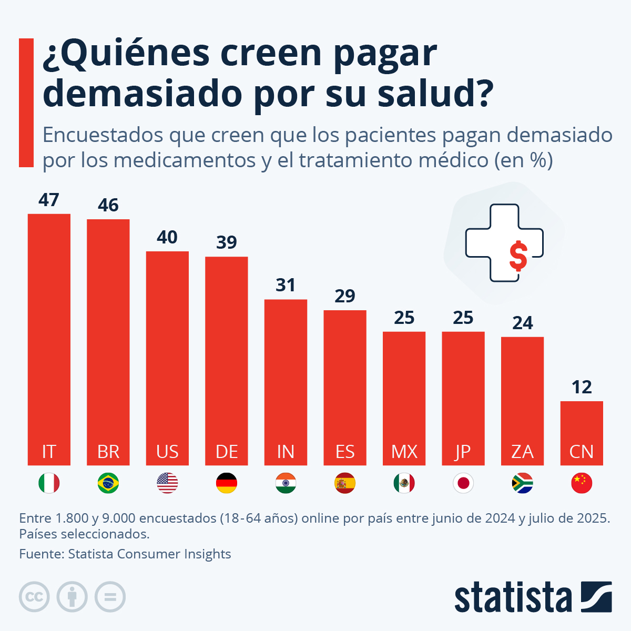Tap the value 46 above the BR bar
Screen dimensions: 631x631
coord(108,205)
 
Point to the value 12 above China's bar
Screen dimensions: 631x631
coord(582,388)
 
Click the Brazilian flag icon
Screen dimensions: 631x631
coord(108,483)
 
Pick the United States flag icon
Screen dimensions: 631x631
coord(167,483)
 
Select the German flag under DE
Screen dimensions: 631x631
coord(227,483)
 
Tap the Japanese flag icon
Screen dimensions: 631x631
coord(463,483)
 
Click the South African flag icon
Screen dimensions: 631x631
coord(522,483)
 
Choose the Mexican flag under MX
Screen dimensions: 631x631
coord(404,483)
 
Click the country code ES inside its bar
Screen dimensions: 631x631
coord(345,452)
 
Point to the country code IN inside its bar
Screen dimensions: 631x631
coord(286,452)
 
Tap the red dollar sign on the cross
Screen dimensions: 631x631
coord(518,256)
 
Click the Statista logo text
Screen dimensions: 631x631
coord(513,598)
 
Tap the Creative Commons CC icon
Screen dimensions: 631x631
coord(34,597)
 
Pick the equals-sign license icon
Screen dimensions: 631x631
coord(110,597)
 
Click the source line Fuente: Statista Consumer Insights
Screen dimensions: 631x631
coord(125,554)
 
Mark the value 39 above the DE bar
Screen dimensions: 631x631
coord(227,242)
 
